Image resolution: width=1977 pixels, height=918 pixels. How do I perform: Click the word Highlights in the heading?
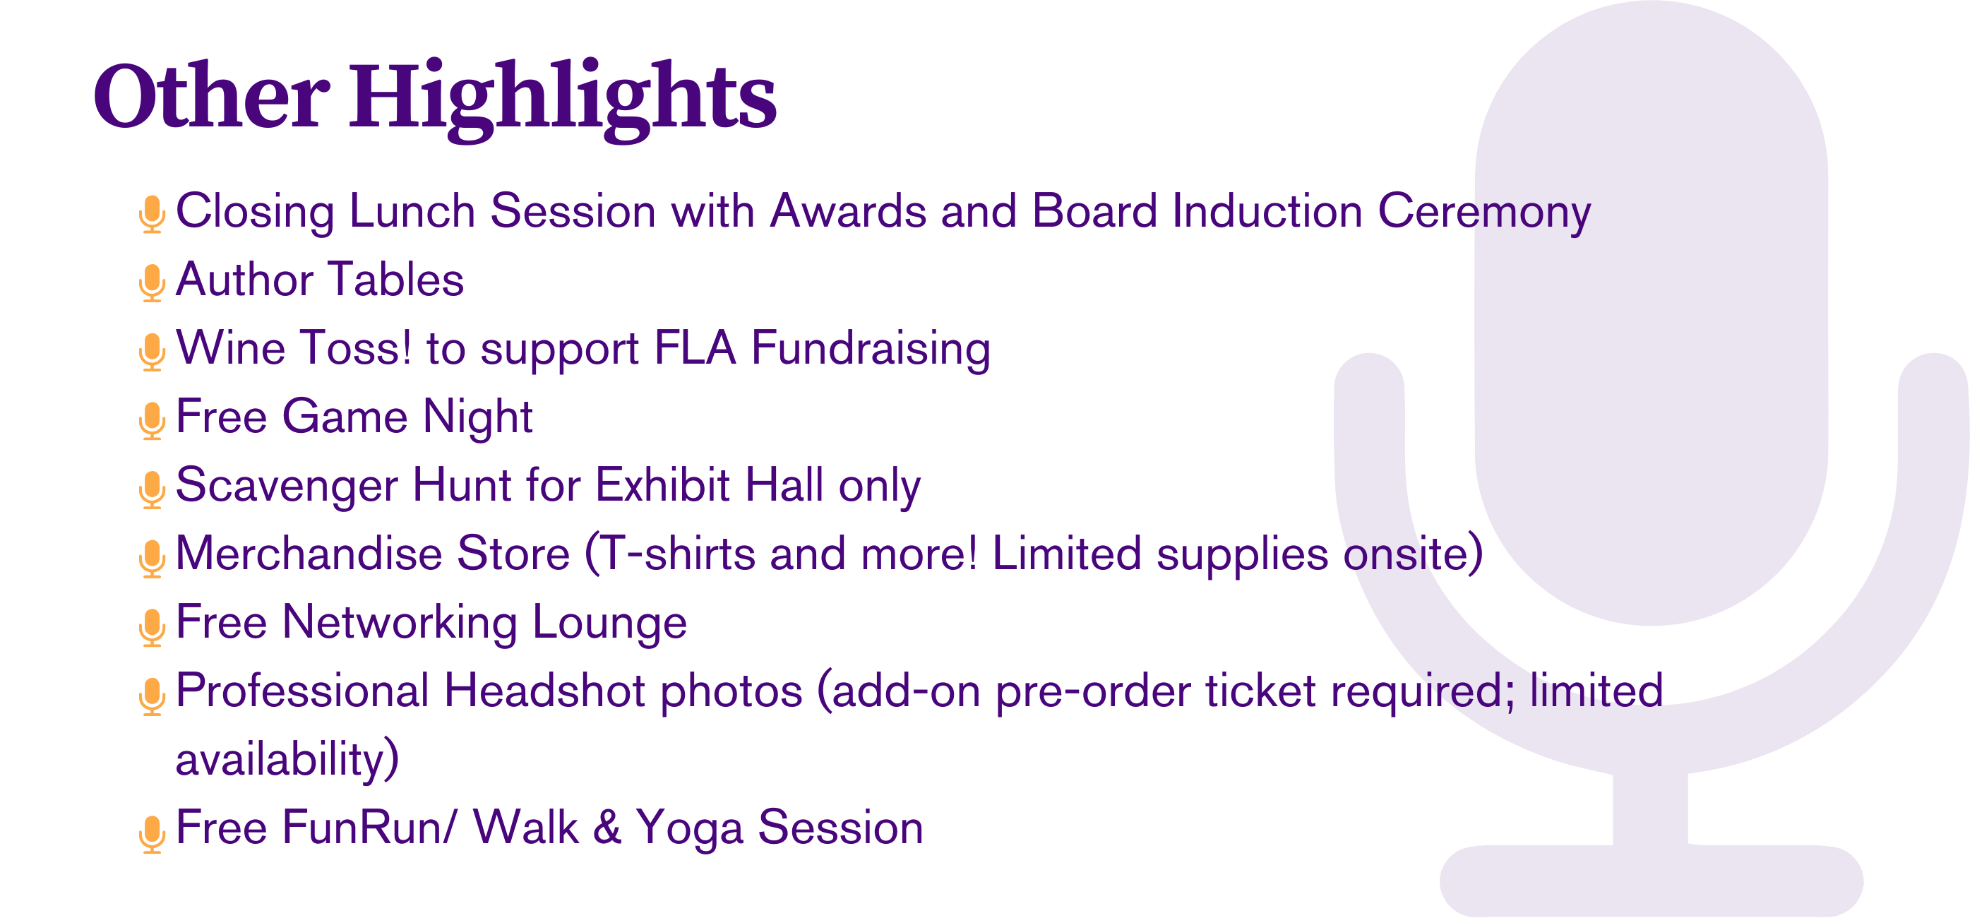tap(563, 100)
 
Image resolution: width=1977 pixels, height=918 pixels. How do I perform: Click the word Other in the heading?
tap(212, 95)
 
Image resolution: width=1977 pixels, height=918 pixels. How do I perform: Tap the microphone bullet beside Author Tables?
tap(152, 282)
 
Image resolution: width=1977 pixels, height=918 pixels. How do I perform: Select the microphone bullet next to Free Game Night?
tap(152, 420)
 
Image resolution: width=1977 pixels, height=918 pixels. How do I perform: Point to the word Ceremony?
tap(1484, 213)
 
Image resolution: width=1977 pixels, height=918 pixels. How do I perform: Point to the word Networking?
tap(400, 624)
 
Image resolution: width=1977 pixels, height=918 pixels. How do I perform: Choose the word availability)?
tap(288, 760)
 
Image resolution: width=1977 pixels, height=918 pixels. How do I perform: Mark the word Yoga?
tap(689, 830)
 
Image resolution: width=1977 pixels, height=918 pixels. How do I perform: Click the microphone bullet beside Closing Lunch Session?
tap(152, 214)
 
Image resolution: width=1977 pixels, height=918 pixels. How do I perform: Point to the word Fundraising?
tap(871, 350)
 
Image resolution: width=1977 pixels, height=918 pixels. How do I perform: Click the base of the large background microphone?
tap(1651, 881)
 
